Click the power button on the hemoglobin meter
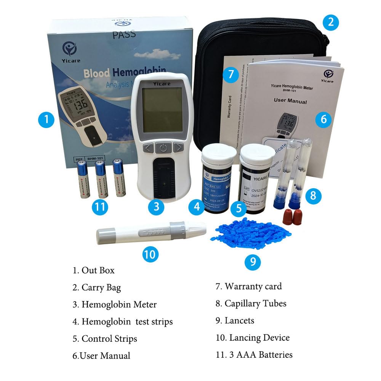163,148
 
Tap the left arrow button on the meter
149,148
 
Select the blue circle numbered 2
330,22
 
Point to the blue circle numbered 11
100,207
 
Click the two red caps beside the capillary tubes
291,217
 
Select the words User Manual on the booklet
290,102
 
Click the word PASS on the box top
124,35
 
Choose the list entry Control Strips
109,339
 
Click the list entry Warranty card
253,286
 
